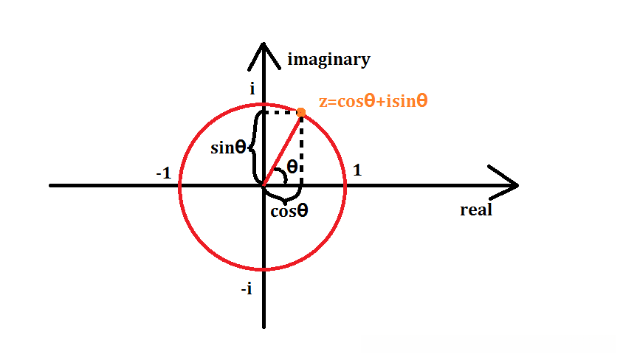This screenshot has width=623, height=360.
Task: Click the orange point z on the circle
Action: coord(301,112)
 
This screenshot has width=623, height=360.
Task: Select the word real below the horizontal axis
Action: coord(475,210)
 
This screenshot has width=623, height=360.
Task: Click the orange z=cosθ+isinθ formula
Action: coord(373,102)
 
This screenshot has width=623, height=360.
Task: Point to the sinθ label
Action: coord(228,148)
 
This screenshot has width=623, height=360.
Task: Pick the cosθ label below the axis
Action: coord(289,211)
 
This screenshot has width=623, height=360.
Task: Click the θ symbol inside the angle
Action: coord(292,167)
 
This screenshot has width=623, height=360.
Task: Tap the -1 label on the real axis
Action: coord(164,173)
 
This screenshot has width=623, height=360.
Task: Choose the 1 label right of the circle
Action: coord(357,170)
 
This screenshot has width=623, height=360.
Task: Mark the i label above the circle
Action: coord(252,89)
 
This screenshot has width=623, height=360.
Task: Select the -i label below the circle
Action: coord(247,289)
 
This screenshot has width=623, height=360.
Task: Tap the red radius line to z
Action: coord(283,148)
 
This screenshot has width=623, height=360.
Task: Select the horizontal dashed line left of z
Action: coord(280,112)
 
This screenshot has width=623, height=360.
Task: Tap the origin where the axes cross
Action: coord(264,185)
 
